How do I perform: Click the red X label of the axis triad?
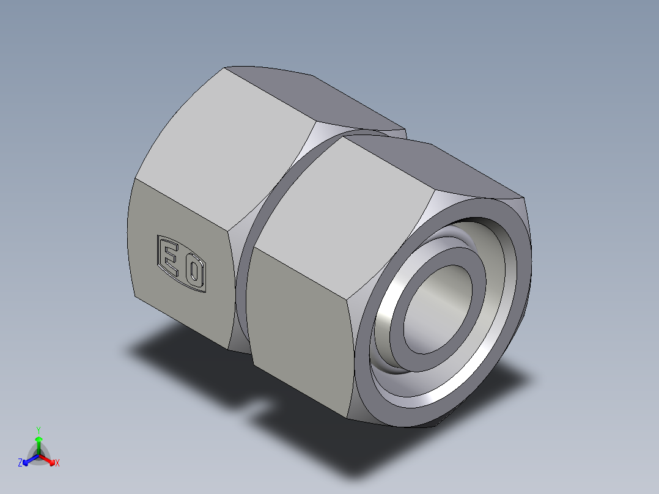[x=57, y=463]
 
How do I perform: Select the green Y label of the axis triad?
[x=39, y=430]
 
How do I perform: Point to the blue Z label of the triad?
[x=20, y=463]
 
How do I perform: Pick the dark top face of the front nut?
[x=440, y=168]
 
